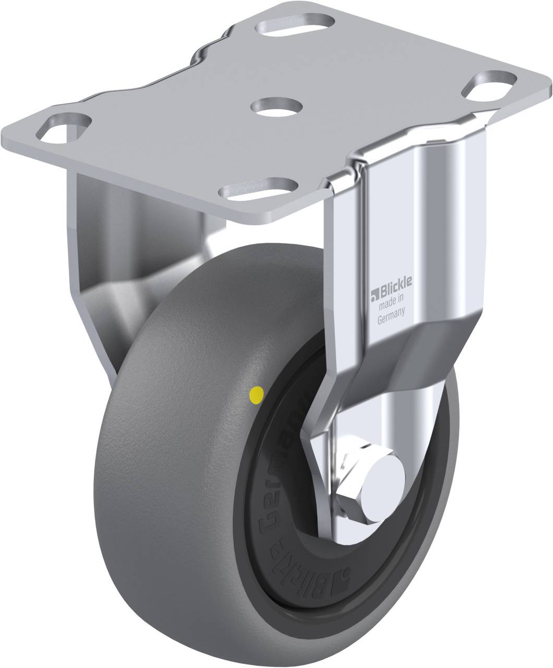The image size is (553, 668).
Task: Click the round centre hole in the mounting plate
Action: coord(276,105)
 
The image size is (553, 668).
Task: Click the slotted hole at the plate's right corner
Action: coord(490,84)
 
